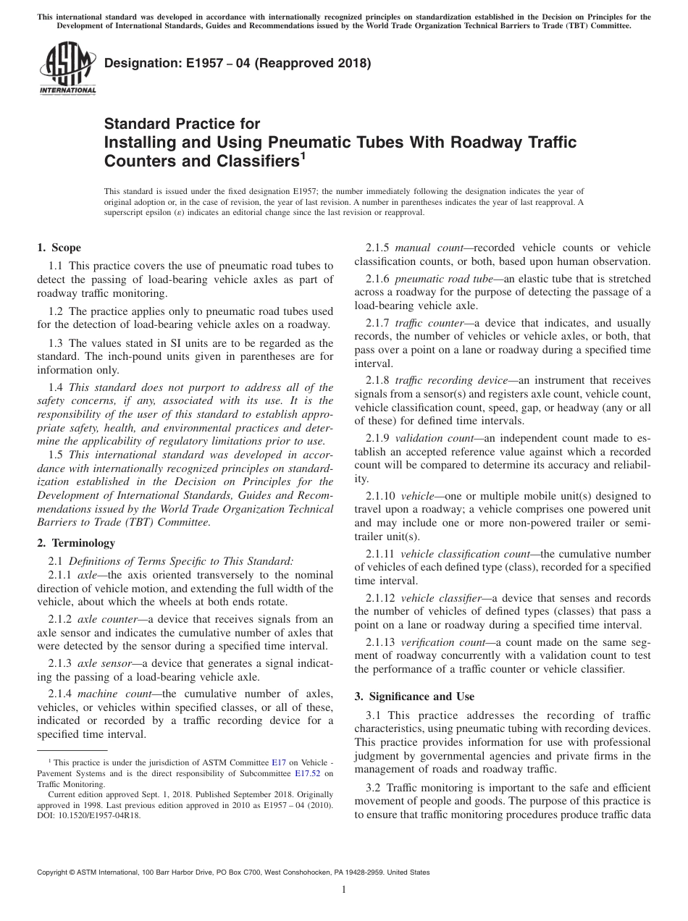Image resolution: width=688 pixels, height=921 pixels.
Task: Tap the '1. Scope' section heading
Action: tap(59, 248)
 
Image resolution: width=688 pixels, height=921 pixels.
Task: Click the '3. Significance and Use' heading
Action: tap(414, 697)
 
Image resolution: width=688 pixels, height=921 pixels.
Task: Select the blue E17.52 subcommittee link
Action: tap(307, 773)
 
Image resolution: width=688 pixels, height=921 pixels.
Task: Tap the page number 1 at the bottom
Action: tap(344, 891)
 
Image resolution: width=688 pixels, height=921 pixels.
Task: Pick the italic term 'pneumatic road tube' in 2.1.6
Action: tap(440, 279)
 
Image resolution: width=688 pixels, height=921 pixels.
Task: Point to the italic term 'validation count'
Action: tap(434, 438)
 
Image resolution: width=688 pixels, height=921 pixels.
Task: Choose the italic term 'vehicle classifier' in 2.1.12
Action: tap(441, 598)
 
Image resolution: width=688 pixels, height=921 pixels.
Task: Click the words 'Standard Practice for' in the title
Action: tap(182, 124)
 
